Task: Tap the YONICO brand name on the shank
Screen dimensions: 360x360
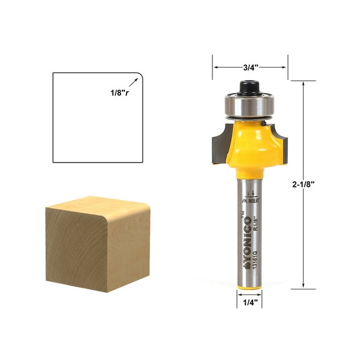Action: point(248,241)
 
